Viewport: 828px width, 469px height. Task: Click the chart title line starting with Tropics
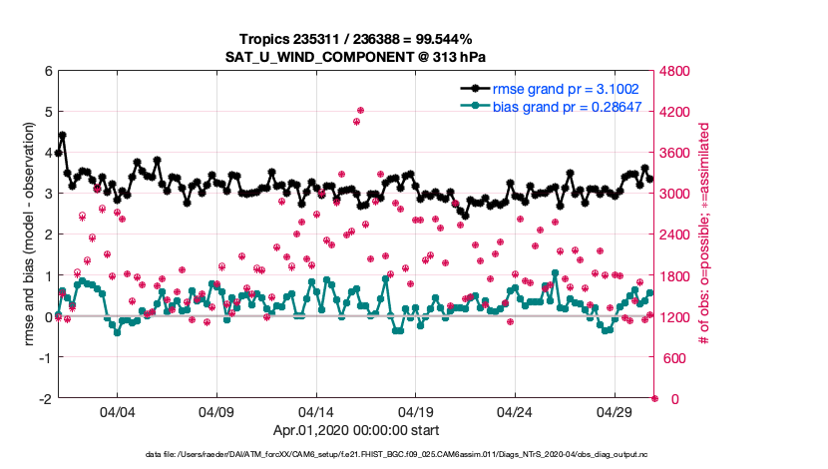355,39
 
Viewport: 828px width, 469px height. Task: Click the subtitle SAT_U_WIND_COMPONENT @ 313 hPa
355,56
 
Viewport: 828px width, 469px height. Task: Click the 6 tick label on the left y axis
47,71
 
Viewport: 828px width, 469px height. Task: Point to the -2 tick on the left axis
45,398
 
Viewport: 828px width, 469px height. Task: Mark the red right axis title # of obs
704,234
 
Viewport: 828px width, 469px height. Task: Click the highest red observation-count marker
360,111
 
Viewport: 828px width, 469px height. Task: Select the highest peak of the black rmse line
63,135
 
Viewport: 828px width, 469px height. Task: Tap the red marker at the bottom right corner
654,398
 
